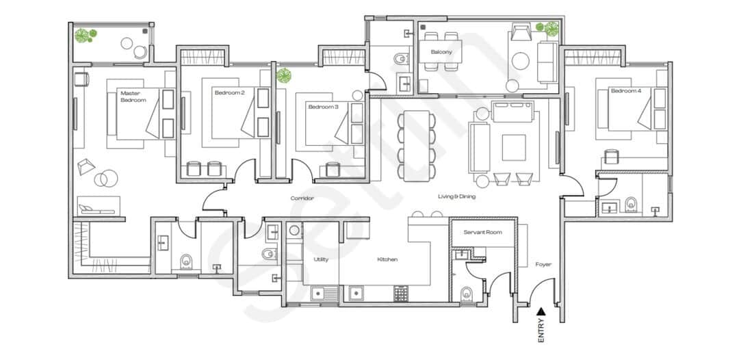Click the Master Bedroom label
[x=133, y=96]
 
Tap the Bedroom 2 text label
[x=229, y=92]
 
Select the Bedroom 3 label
[x=323, y=107]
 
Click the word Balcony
[x=441, y=52]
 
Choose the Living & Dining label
[x=456, y=196]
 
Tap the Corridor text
[x=302, y=198]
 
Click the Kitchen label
[x=387, y=259]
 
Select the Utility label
[x=322, y=259]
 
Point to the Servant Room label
[x=482, y=232]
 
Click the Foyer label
[x=543, y=264]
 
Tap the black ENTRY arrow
[x=541, y=311]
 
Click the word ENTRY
[x=541, y=330]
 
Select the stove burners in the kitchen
[x=401, y=294]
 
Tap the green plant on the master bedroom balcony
[x=85, y=34]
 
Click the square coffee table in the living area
[x=513, y=146]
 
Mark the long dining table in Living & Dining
[x=417, y=145]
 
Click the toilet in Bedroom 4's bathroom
[x=631, y=203]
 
